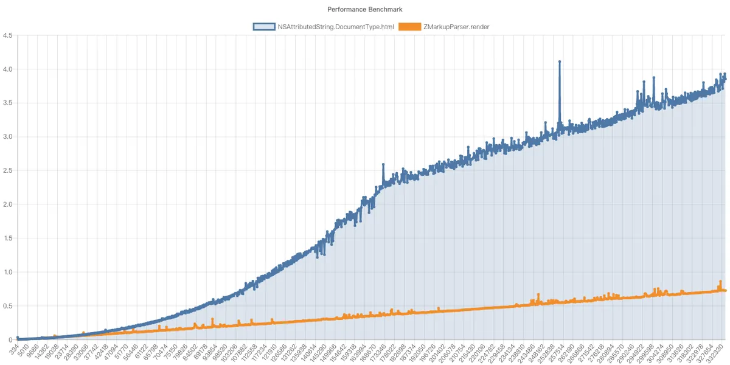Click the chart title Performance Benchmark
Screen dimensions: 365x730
(x=365, y=9)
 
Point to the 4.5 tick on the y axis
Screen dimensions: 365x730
(x=8, y=35)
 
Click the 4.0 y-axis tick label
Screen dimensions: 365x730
(x=8, y=69)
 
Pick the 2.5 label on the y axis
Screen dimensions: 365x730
(x=8, y=171)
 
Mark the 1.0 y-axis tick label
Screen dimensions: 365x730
(x=8, y=272)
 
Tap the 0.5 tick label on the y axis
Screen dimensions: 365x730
(x=8, y=306)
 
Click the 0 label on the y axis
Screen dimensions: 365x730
(x=11, y=339)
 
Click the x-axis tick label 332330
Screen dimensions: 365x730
(x=713, y=353)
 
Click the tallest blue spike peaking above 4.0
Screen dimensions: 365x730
(x=559, y=62)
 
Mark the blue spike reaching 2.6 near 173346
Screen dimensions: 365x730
(x=383, y=165)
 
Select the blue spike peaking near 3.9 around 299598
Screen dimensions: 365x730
(x=653, y=78)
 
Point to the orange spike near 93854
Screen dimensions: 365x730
(x=212, y=319)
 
